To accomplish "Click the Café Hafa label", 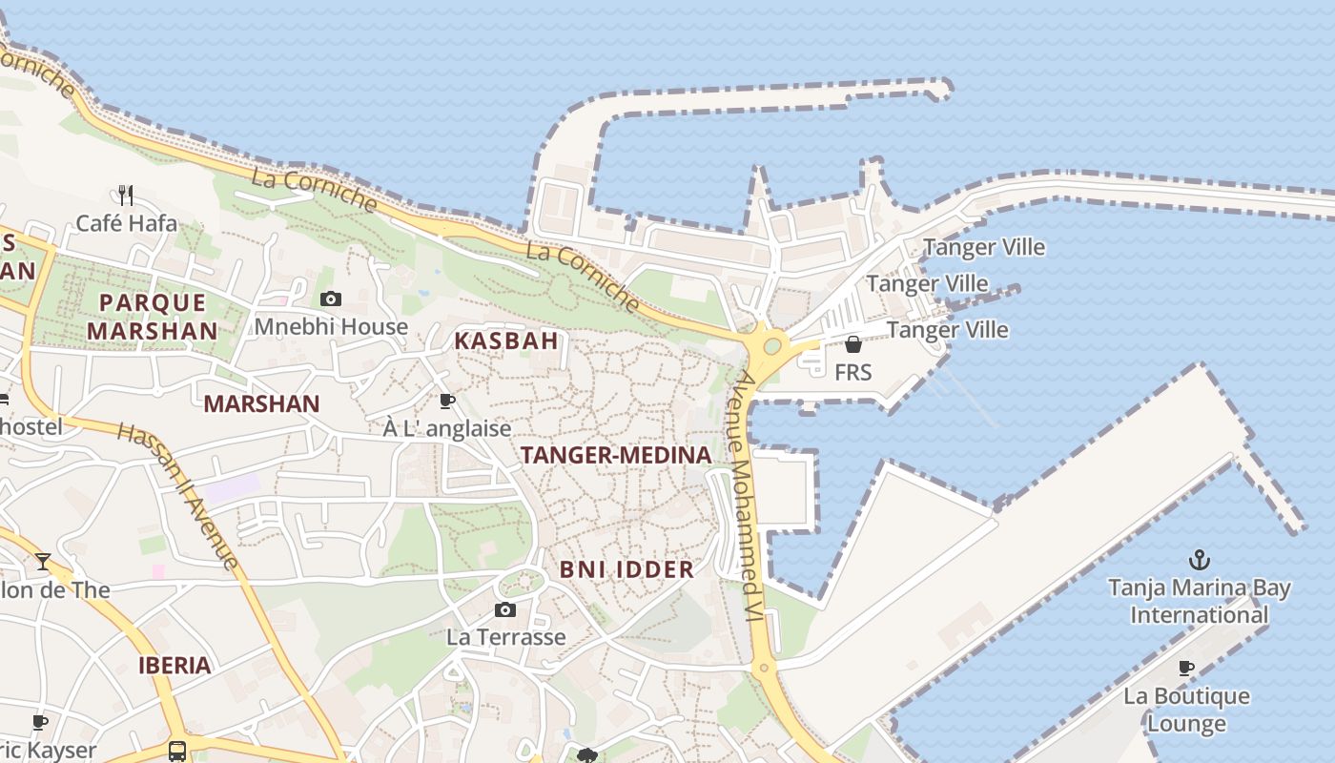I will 126,223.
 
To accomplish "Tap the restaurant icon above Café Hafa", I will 126,196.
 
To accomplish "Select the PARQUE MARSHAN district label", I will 153,317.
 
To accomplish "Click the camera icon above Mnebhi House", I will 331,299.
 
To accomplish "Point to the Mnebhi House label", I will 331,327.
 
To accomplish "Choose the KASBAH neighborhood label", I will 505,340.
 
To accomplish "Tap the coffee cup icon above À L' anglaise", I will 446,402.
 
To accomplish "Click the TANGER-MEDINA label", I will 616,455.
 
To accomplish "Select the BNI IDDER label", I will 626,569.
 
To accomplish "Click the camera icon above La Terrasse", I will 505,610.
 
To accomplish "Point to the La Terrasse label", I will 505,637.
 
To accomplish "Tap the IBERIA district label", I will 175,665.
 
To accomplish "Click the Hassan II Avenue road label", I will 177,496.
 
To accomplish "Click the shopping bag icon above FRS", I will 853,344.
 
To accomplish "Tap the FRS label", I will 852,372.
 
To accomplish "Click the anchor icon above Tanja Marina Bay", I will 1199,560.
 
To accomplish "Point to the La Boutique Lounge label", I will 1186,710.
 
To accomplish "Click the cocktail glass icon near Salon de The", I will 43,561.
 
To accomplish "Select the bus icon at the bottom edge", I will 177,751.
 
